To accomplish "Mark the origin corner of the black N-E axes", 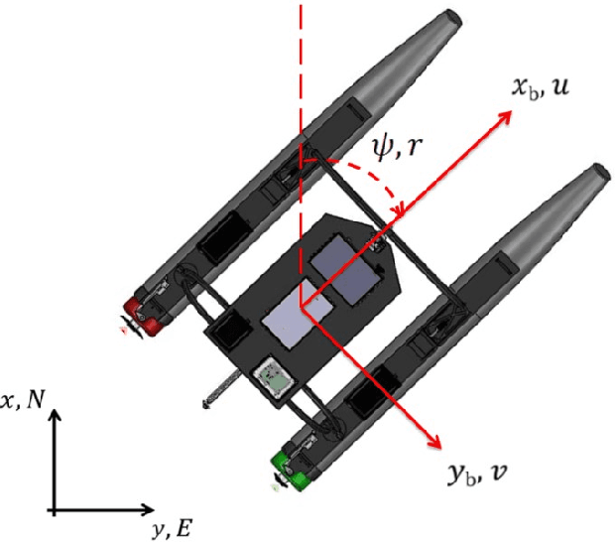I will click(x=56, y=511).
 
